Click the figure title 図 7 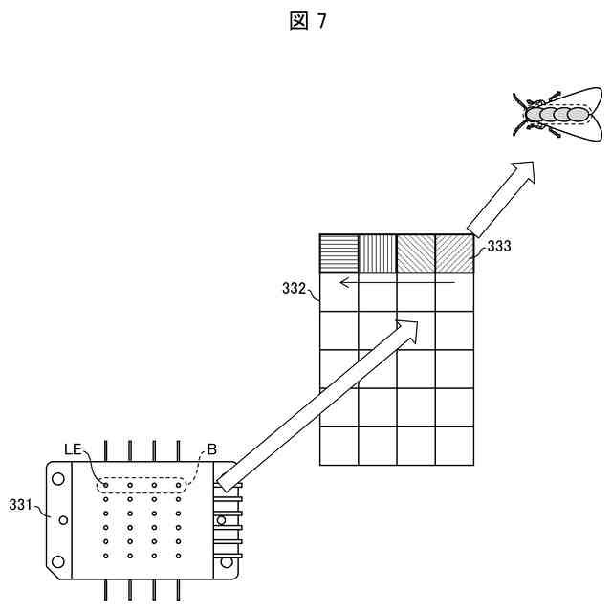pos(307,21)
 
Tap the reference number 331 pos(22,503)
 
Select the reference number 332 pos(294,285)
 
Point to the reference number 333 pos(499,247)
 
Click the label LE pos(75,448)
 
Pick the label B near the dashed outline pos(212,448)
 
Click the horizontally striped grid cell pos(339,254)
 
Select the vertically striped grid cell pos(378,254)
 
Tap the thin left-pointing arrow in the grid pos(396,283)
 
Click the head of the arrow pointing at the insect pos(523,172)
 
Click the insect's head pos(530,115)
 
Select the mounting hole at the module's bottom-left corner pos(57,561)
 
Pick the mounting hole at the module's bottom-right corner pos(227,562)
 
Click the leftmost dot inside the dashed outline pos(106,486)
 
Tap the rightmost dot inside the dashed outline pos(177,486)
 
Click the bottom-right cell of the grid pos(454,446)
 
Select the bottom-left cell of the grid pos(339,446)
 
